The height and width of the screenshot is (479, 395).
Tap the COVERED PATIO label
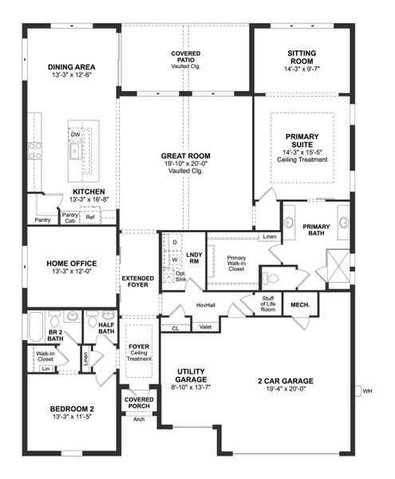click(x=185, y=55)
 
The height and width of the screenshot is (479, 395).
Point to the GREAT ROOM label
click(x=185, y=156)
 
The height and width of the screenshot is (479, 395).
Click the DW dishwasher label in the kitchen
click(x=75, y=135)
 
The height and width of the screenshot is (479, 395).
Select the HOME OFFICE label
click(x=72, y=263)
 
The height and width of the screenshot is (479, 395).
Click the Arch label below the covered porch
click(x=139, y=418)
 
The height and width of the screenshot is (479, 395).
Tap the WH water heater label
click(x=367, y=391)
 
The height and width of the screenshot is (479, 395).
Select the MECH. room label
click(x=300, y=304)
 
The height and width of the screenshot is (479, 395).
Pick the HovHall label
click(x=205, y=306)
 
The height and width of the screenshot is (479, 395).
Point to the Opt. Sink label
click(x=180, y=276)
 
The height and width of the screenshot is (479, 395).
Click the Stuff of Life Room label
click(x=268, y=303)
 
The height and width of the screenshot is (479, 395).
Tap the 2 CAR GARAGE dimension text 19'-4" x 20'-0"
click(x=284, y=389)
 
